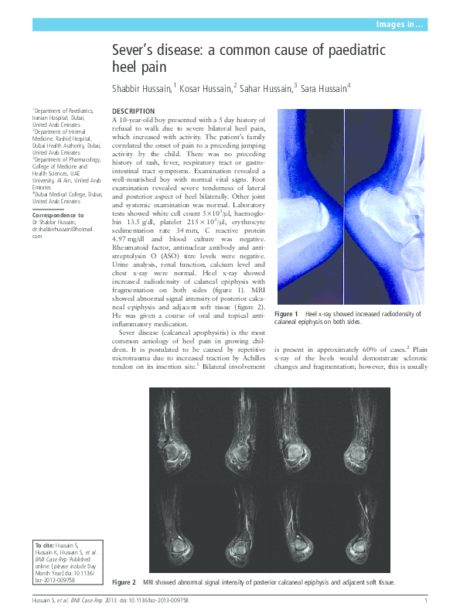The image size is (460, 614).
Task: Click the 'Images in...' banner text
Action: (x=398, y=25)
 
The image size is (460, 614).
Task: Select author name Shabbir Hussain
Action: (x=141, y=88)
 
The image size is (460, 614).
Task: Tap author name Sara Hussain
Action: (x=322, y=88)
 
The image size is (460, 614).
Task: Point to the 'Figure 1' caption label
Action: (x=286, y=314)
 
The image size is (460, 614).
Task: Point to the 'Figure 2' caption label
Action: (x=124, y=582)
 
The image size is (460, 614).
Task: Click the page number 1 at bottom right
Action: (x=426, y=601)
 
